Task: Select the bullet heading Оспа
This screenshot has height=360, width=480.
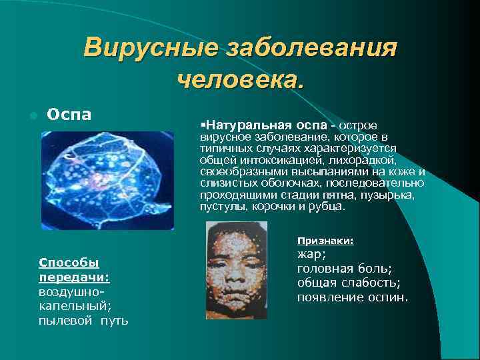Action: [69, 114]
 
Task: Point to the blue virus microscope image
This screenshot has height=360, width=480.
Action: [107, 180]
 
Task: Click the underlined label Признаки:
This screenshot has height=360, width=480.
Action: [325, 241]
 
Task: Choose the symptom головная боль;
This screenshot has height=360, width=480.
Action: [344, 269]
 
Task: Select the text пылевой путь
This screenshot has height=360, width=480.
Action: [83, 321]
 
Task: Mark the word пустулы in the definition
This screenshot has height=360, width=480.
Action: [221, 206]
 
